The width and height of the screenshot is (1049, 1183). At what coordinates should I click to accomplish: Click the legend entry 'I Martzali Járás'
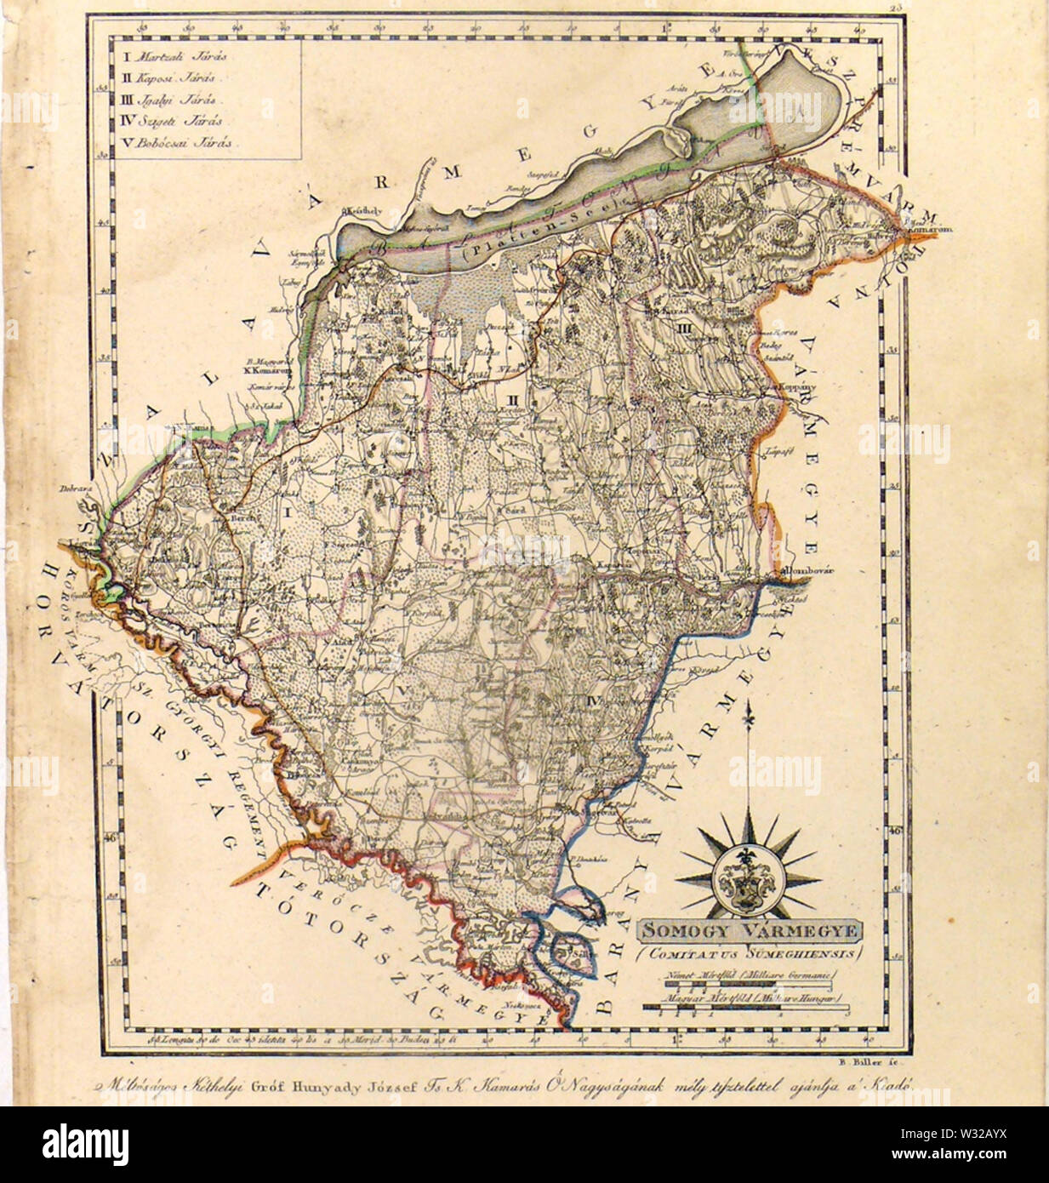(x=170, y=57)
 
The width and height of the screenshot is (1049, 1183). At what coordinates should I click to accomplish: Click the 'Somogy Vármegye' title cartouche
(x=750, y=930)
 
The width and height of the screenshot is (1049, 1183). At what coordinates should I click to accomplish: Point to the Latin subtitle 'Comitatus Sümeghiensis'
(x=750, y=952)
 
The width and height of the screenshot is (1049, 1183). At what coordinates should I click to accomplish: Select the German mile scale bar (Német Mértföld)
(x=738, y=986)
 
